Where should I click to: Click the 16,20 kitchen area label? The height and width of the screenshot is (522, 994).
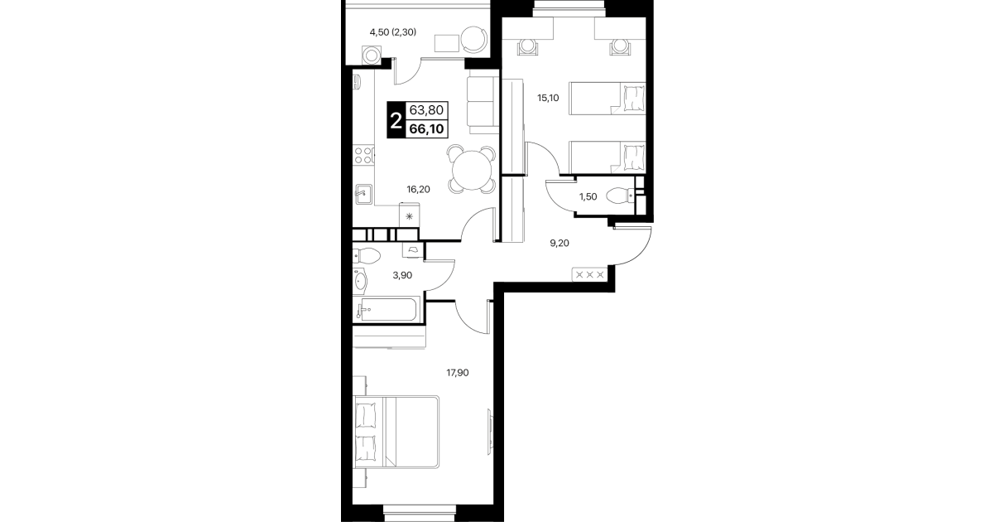(418, 190)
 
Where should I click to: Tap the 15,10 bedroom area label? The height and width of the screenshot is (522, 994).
(548, 98)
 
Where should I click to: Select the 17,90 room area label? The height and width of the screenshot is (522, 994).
(457, 373)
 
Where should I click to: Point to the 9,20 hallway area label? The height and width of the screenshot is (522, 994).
(559, 243)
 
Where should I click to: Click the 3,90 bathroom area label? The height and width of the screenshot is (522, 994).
(402, 275)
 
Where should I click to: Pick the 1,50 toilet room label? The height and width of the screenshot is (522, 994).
(588, 197)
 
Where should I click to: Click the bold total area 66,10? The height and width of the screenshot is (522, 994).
(426, 129)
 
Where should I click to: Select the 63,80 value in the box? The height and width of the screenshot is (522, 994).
(426, 109)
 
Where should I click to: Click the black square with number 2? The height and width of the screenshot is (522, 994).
(396, 120)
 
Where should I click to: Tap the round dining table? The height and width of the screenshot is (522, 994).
(472, 170)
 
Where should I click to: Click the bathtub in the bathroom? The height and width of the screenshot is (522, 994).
(387, 310)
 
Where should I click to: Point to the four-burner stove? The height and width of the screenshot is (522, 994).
(363, 156)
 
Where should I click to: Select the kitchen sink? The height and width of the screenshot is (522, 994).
(363, 195)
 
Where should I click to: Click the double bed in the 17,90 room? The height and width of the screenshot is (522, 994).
(396, 433)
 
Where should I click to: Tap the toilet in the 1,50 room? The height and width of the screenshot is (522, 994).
(621, 196)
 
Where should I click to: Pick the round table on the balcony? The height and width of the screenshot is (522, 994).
(474, 40)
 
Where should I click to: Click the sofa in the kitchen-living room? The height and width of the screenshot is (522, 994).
(483, 105)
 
